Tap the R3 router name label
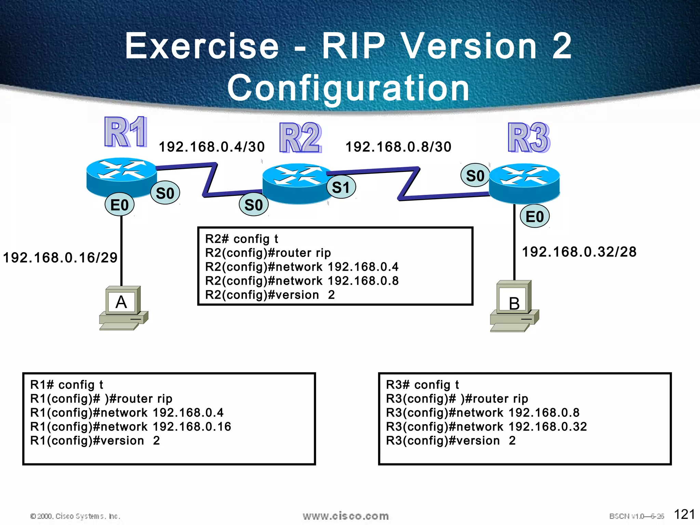(529, 137)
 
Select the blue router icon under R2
(297, 184)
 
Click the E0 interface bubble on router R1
(119, 205)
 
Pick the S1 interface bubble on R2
(341, 187)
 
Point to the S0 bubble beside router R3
(475, 176)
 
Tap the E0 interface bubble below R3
(535, 217)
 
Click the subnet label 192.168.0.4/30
(212, 147)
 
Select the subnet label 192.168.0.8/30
(399, 147)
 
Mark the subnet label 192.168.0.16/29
(60, 258)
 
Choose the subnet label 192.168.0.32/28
(579, 252)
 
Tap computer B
(514, 306)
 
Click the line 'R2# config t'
(242, 239)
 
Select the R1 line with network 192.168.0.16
(131, 427)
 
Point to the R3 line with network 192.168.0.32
(486, 427)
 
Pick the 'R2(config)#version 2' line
(270, 295)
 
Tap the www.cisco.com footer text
(346, 516)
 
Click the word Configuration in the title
(349, 88)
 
